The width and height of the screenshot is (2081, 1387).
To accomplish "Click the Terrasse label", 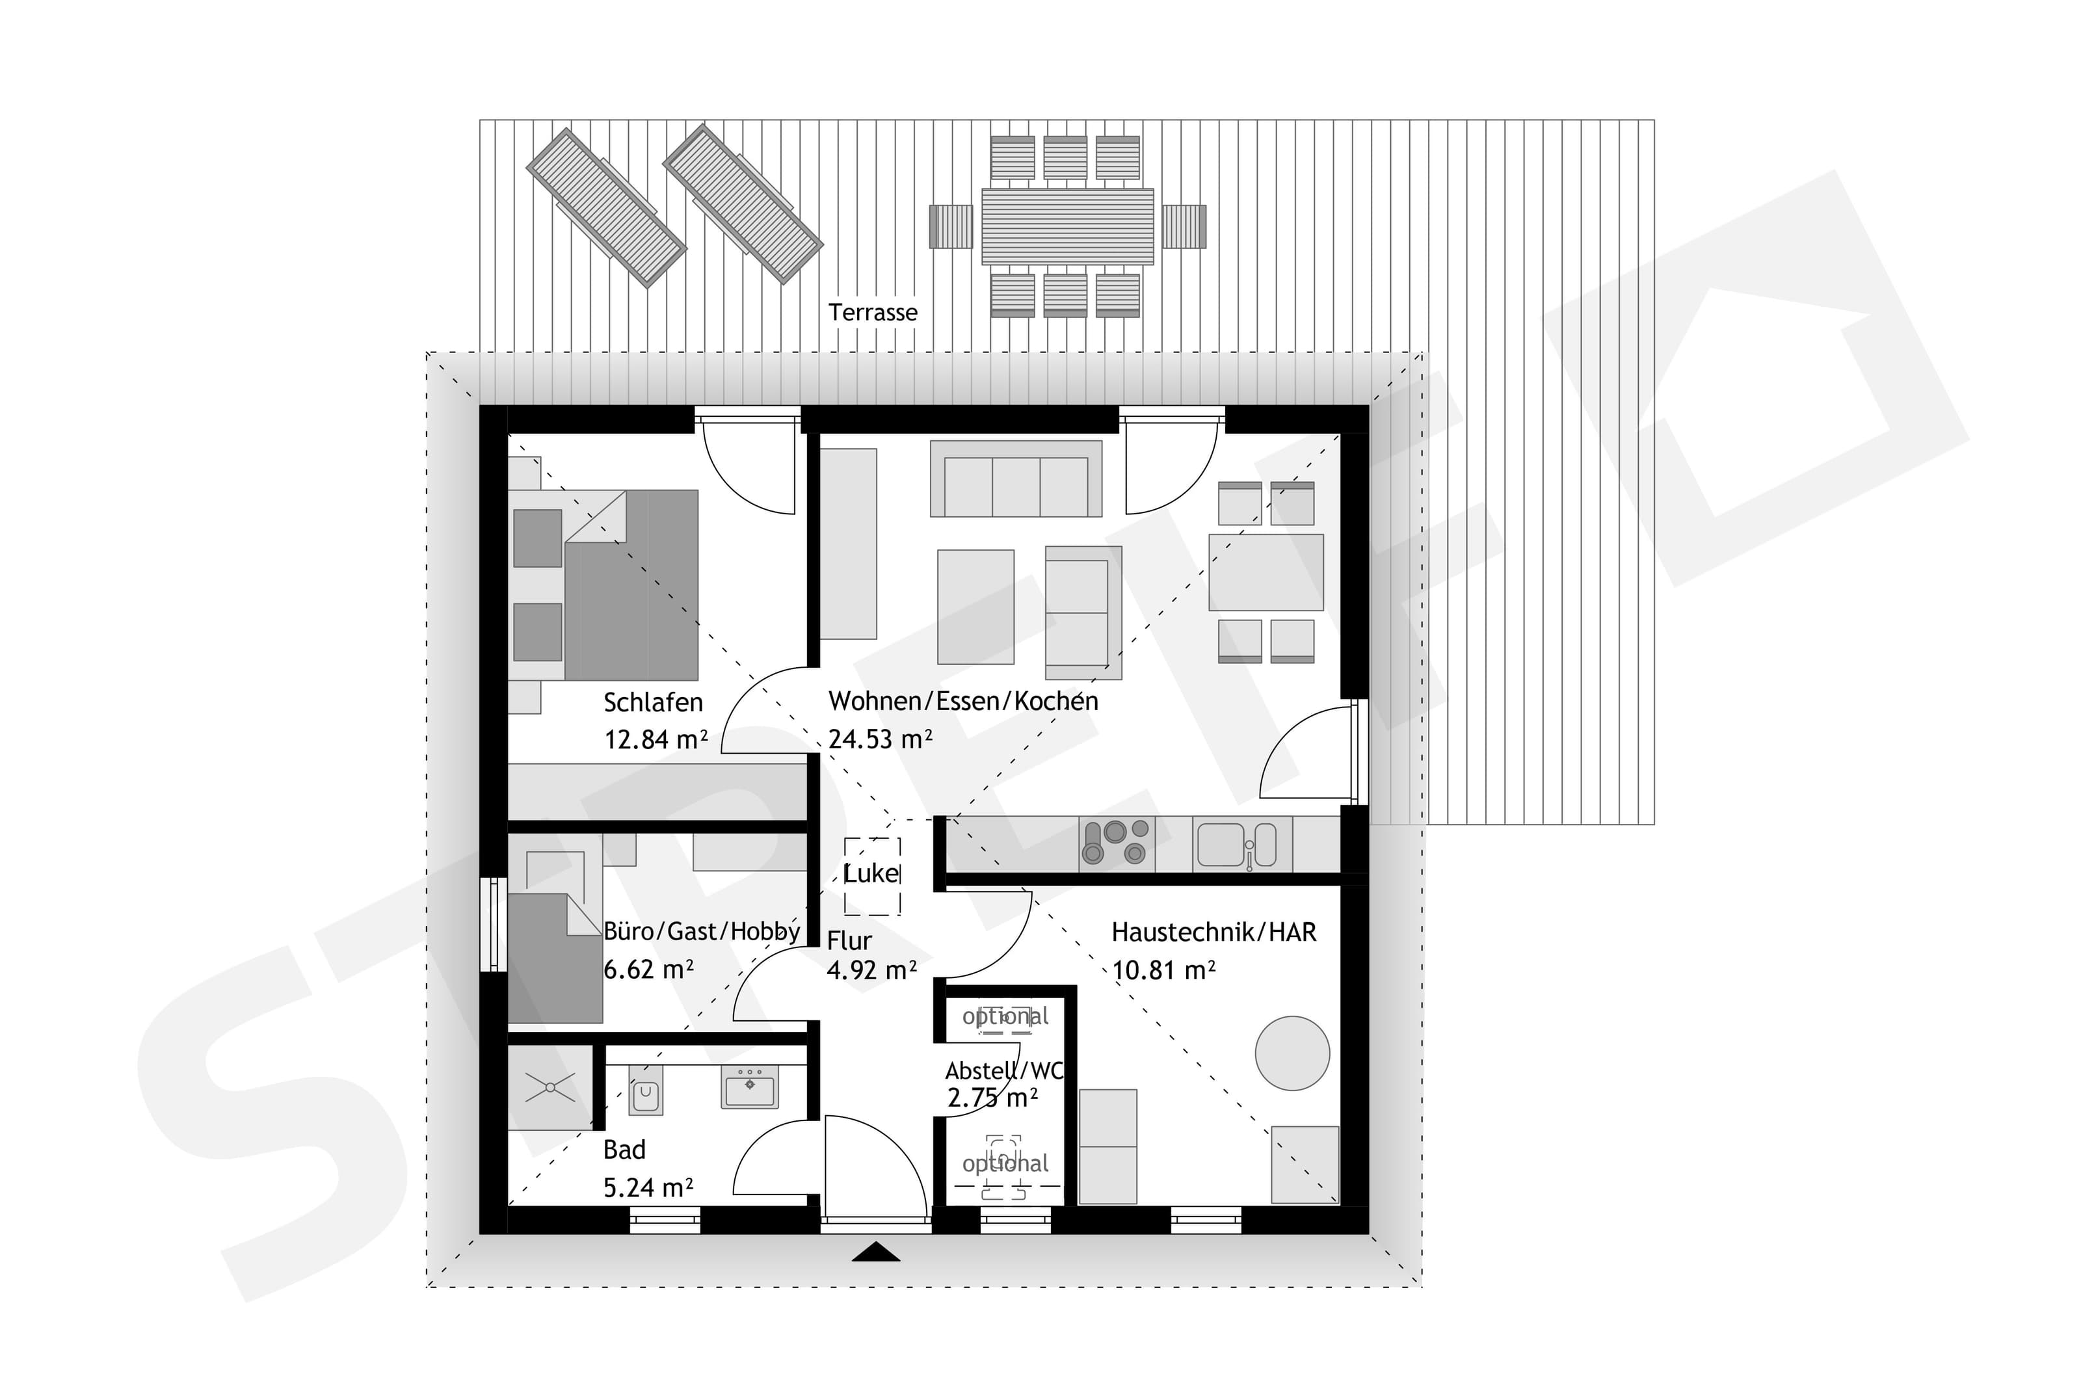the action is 872,312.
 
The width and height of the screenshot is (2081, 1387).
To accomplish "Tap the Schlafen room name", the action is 653,702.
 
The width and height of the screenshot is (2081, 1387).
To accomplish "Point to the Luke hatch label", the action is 871,874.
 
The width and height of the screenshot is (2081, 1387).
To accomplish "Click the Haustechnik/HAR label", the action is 1213,932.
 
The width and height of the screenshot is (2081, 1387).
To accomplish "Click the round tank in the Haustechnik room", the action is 1292,1053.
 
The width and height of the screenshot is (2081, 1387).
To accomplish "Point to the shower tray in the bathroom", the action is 550,1087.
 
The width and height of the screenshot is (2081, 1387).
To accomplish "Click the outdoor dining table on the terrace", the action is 1067,226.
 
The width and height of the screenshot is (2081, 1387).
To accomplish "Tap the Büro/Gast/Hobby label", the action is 701,932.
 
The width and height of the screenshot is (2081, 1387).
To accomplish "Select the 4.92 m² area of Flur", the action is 871,970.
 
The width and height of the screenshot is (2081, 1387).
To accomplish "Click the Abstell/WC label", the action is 1004,1071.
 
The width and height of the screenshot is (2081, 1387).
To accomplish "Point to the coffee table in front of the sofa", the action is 975,607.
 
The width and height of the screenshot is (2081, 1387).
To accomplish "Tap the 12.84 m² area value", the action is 656,739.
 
